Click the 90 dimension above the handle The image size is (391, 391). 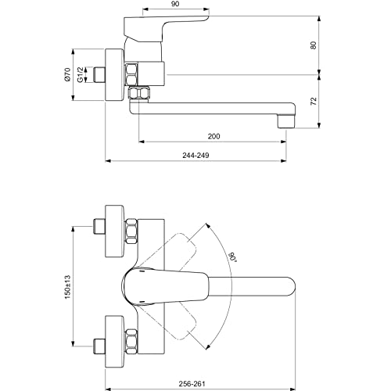176,4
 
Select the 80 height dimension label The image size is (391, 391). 314,45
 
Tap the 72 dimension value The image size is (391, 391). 314,101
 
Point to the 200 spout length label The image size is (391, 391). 213,136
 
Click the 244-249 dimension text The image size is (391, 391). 195,156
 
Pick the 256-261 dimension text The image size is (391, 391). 192,384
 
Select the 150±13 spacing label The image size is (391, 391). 67,287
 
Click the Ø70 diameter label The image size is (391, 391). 67,74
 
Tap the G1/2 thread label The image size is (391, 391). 81,74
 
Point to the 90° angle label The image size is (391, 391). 232,256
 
